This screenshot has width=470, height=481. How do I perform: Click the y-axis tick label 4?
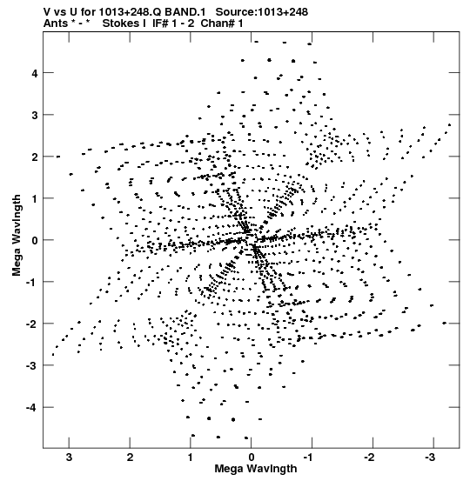(x=34, y=74)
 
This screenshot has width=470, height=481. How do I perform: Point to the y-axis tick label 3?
(x=34, y=116)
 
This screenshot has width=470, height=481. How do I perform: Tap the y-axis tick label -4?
(x=31, y=408)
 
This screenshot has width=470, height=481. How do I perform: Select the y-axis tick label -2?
(x=31, y=324)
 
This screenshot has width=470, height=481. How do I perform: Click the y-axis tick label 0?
(x=34, y=241)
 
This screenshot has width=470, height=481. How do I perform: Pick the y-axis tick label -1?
(x=31, y=283)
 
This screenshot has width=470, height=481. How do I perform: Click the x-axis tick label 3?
(x=70, y=458)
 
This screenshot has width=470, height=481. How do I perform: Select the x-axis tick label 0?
(x=252, y=458)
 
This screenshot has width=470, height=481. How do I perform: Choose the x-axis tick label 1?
(x=191, y=458)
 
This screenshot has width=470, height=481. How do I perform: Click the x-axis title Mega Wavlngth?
(x=256, y=469)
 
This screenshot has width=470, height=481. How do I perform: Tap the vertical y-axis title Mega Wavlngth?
(x=17, y=236)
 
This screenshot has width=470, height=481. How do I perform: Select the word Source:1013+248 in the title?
(x=262, y=12)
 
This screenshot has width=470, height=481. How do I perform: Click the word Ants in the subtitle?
(x=54, y=23)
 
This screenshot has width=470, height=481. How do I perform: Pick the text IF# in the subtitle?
(x=160, y=23)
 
